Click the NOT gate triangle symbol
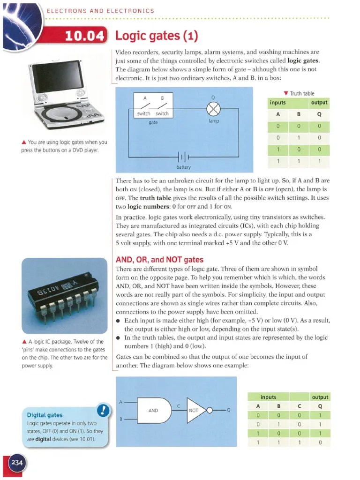[196, 410]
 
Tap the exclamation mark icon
[103, 411]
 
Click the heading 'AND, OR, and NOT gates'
[159, 260]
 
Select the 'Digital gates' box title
[45, 415]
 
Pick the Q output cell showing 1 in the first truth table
[319, 161]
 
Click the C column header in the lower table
[299, 406]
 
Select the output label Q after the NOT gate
[229, 410]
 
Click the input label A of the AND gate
[121, 402]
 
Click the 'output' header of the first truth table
[319, 103]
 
